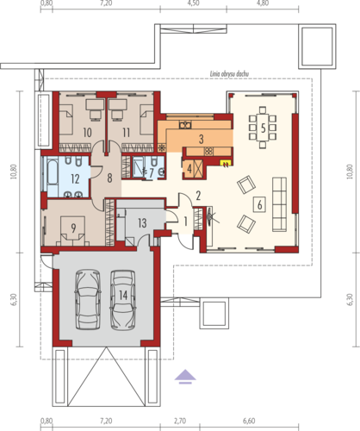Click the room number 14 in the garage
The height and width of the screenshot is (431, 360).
(123, 295)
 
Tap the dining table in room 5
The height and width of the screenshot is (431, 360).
(263, 128)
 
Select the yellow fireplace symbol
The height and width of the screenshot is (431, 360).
(226, 164)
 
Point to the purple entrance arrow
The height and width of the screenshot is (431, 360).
(185, 377)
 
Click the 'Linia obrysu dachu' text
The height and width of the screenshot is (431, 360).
(229, 74)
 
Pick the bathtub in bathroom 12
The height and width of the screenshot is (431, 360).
(53, 174)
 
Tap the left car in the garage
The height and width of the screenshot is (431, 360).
(88, 300)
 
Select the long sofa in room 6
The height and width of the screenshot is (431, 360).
(279, 204)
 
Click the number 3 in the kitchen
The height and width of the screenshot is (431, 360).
(202, 139)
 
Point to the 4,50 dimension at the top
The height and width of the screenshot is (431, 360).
(193, 3)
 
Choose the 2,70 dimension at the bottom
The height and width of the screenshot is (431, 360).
(180, 422)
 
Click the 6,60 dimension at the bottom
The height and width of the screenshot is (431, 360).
(249, 422)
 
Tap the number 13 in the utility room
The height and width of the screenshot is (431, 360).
(142, 223)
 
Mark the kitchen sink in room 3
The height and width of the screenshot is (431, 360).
(185, 125)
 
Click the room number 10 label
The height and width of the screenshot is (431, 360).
(87, 133)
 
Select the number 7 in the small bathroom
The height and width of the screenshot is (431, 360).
(152, 172)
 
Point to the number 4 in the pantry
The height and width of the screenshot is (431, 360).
(189, 169)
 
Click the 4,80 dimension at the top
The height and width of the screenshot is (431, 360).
(263, 3)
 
